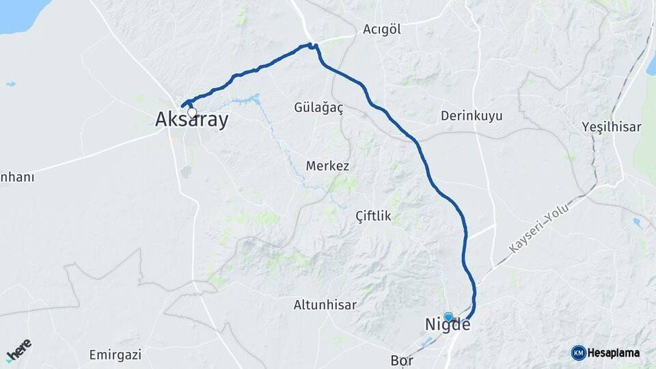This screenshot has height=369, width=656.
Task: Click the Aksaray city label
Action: (191, 120)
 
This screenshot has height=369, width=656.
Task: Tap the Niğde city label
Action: (448, 325)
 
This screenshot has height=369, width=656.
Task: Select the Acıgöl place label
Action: (381, 29)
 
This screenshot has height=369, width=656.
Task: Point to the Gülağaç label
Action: (318, 108)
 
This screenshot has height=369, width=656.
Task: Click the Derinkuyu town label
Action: (471, 115)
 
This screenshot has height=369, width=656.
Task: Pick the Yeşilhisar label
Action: (612, 126)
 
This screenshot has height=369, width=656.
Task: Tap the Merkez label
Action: (327, 166)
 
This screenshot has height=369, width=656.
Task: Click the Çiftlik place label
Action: (373, 216)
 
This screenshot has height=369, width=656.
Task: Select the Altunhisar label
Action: (325, 305)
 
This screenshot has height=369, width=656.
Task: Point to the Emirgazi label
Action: (115, 355)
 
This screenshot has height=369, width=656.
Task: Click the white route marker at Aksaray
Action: (192, 113)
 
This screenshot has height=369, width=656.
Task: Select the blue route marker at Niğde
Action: (448, 317)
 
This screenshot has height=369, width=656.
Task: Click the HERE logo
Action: (18, 348)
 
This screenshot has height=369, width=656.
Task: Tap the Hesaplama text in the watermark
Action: (614, 353)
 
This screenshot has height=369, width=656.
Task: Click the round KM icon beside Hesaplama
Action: (578, 353)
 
